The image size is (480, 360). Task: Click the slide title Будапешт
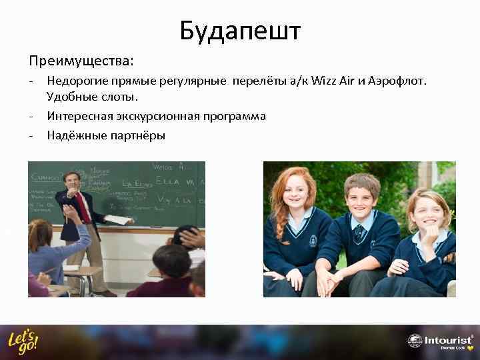coord(240,31)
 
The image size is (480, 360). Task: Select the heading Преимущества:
coord(81,61)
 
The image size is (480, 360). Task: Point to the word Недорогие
coord(77,81)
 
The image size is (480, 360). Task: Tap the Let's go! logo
coord(23,341)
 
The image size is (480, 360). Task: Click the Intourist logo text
coord(447,339)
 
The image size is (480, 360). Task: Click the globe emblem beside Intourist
coord(414,341)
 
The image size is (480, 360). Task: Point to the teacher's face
coord(71,181)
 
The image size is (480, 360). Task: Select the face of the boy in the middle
coord(361,195)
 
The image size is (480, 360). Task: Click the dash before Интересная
coord(31,116)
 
